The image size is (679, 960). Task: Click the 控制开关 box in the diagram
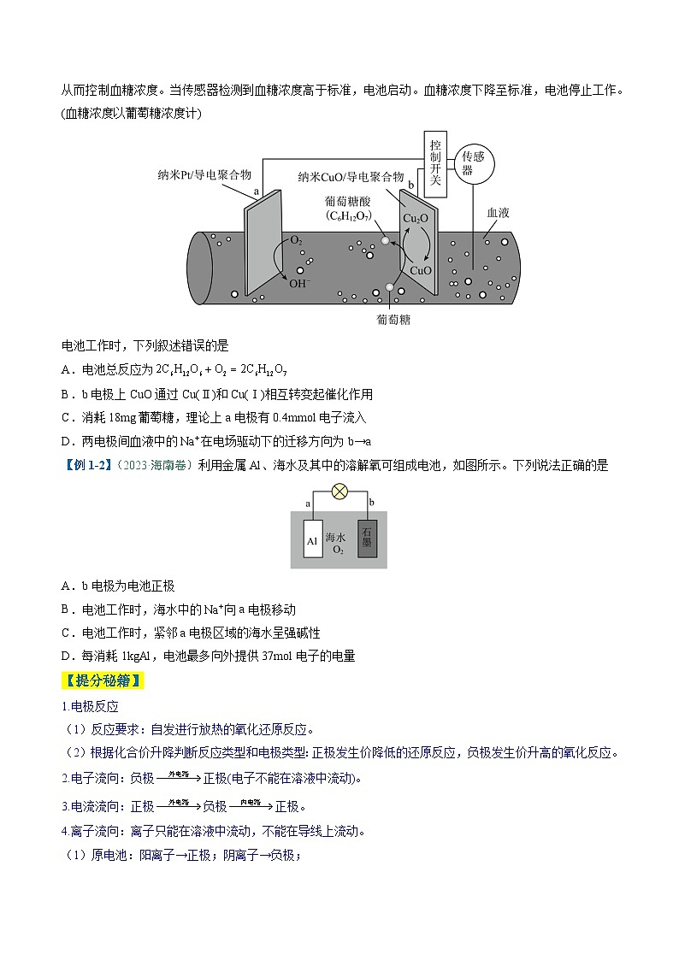tap(435, 164)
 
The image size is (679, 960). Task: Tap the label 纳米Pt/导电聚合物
tap(204, 174)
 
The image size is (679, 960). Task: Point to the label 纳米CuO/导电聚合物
tap(351, 176)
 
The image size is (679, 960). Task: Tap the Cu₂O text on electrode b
tap(416, 219)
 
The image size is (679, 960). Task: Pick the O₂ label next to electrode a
tap(296, 242)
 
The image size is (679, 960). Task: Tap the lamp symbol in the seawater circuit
tap(339, 492)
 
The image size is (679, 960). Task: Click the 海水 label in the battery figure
tap(339, 537)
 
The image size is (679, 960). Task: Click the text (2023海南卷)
tap(151, 465)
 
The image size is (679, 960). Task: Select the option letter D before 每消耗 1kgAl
tap(66, 657)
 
